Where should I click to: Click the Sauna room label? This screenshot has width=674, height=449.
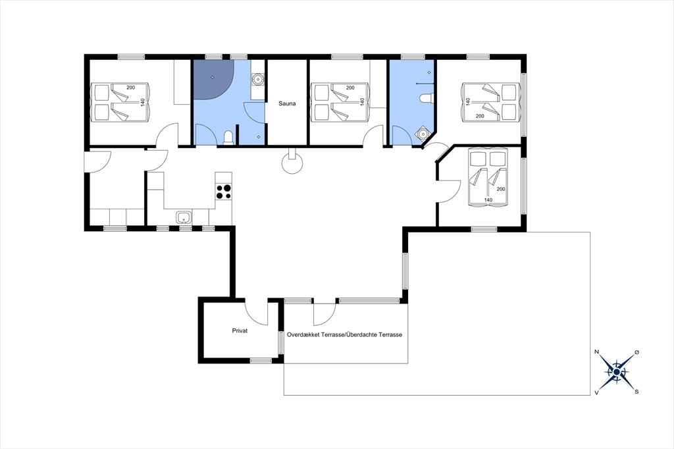287,103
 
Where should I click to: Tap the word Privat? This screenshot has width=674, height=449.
240,330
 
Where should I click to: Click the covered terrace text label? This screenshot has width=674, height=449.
344,334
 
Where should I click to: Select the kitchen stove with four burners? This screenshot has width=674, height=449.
223,192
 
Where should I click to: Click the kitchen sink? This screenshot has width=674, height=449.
184,218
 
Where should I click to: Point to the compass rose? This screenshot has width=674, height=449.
617,371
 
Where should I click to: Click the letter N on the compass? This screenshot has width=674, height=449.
596,352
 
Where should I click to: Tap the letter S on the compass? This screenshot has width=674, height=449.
637,392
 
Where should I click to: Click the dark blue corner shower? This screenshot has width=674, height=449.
213,80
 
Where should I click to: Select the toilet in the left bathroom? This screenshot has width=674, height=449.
228,137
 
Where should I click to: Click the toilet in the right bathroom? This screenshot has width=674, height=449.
426,99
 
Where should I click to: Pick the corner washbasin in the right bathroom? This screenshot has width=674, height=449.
424,134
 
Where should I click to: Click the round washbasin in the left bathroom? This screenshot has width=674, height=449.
257,79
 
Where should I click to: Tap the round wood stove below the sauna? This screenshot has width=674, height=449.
292,163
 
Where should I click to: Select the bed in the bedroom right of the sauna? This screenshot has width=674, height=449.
340,102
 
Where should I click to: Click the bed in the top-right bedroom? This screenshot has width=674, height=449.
490,102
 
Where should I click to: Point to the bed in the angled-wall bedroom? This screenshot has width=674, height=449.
488,176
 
